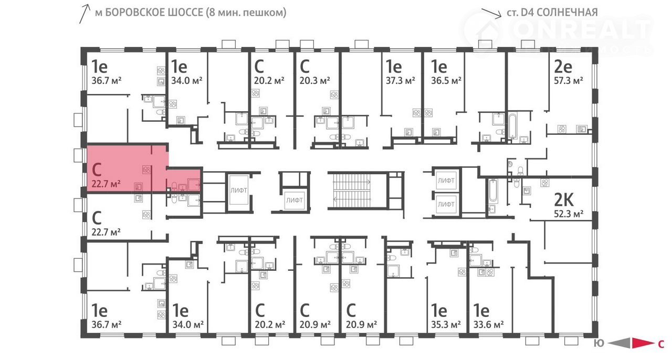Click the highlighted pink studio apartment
(x=126, y=168)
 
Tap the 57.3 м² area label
(x=569, y=80)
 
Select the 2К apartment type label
(x=564, y=200)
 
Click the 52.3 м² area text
(x=569, y=214)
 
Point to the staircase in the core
(x=352, y=190)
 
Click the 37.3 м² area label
(x=401, y=80)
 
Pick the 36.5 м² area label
(x=446, y=80)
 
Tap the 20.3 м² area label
(x=314, y=80)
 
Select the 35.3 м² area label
(x=446, y=324)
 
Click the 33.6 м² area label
(x=488, y=324)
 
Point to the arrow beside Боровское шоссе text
(x=85, y=14)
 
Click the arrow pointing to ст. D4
(x=492, y=14)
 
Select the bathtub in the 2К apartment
(x=492, y=191)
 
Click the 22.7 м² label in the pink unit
(x=106, y=184)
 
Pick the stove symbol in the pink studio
(x=146, y=170)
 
